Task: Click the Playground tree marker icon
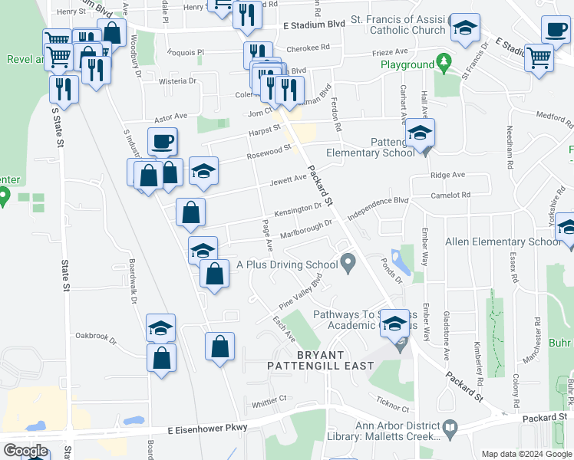[x=443, y=60]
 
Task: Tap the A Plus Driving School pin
[x=348, y=264]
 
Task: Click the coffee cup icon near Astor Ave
[x=163, y=142]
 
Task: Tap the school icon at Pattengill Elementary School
[x=420, y=133]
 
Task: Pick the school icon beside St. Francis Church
[x=463, y=28]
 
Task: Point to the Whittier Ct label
[x=269, y=399]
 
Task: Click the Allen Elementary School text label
[x=503, y=242]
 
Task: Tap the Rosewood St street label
[x=269, y=154]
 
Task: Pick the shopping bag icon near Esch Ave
[x=220, y=347]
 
